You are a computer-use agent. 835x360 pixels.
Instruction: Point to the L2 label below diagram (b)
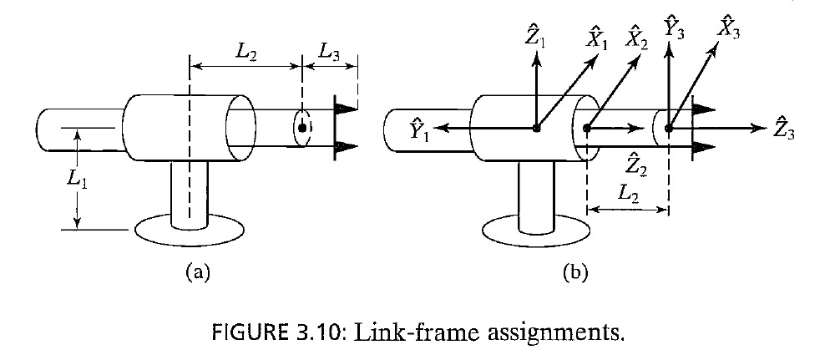628,194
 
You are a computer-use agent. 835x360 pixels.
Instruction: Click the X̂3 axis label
728,28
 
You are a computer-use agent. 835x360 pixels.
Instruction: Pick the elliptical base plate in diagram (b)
534,232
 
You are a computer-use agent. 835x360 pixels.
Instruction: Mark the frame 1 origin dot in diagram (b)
536,129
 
